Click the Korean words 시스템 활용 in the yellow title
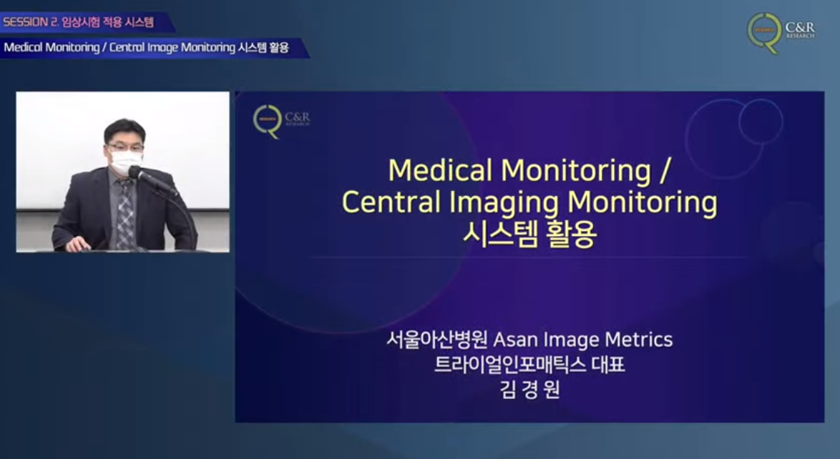point(529,235)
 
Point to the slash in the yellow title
point(664,170)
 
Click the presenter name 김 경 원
point(529,389)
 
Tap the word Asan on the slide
point(515,340)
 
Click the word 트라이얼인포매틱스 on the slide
point(510,364)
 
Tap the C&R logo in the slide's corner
point(280,121)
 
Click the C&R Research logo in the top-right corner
point(781,33)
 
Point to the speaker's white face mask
point(126,161)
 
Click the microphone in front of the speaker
point(152,180)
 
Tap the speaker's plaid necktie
point(125,214)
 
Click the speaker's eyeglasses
point(125,147)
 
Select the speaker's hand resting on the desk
point(78,245)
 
